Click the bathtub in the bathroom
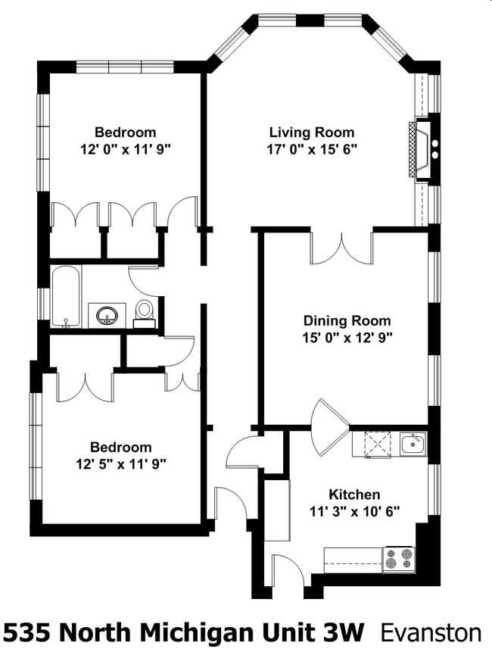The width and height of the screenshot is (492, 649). pyautogui.click(x=66, y=297)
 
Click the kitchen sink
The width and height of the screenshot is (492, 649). pyautogui.click(x=413, y=444)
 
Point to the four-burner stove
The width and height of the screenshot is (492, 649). pyautogui.click(x=399, y=559)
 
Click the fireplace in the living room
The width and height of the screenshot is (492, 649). pyautogui.click(x=423, y=150)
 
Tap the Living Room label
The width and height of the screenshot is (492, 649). pyautogui.click(x=312, y=133)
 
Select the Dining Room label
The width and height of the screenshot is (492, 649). pyautogui.click(x=347, y=321)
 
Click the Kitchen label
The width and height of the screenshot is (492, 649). pyautogui.click(x=354, y=495)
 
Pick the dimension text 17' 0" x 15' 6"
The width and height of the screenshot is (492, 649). pyautogui.click(x=312, y=149)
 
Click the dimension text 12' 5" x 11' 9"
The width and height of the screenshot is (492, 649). pyautogui.click(x=121, y=464)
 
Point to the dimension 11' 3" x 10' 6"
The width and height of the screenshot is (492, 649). pyautogui.click(x=355, y=512)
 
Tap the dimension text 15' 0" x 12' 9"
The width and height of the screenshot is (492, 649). pyautogui.click(x=347, y=338)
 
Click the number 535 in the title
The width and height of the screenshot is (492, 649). pyautogui.click(x=29, y=633)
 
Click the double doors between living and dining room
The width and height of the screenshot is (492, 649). pyautogui.click(x=342, y=248)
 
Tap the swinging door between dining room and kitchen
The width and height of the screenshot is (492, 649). pyautogui.click(x=330, y=427)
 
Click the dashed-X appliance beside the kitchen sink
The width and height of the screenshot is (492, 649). pyautogui.click(x=378, y=444)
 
